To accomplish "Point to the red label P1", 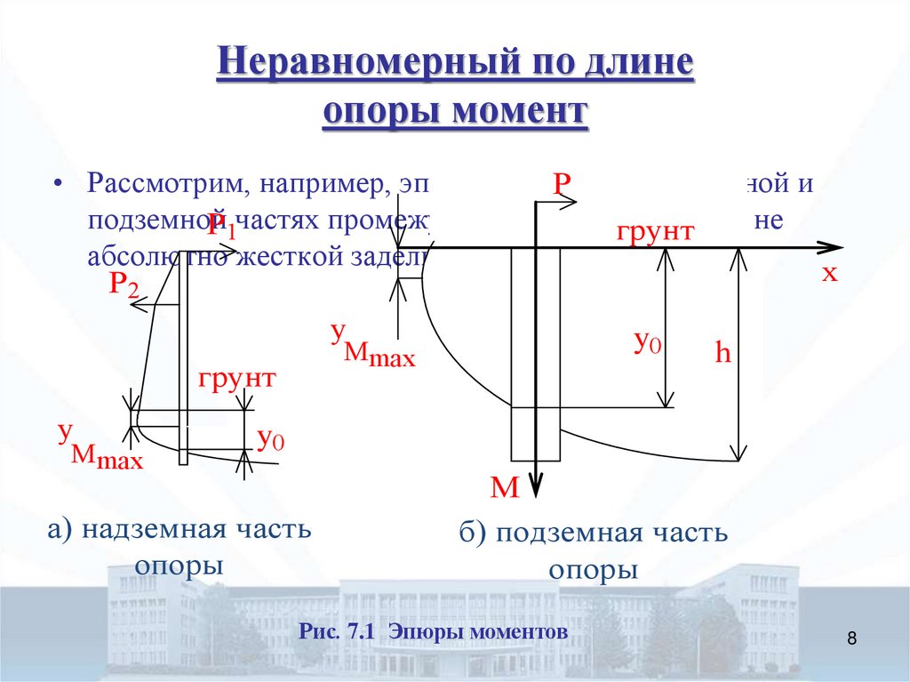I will [x=222, y=227].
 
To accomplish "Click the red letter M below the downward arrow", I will [x=504, y=488].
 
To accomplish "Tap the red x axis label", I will [x=829, y=273].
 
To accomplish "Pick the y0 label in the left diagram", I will [x=270, y=439].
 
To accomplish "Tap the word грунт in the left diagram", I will [x=237, y=378].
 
